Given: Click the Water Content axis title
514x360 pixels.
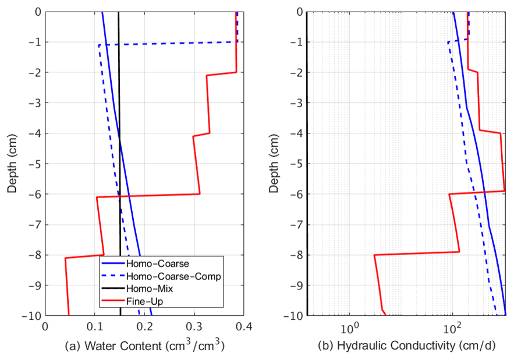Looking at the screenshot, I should (x=145, y=346).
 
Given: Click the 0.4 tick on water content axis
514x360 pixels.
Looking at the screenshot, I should (x=244, y=327).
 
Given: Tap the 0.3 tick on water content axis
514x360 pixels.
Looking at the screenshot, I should (x=194, y=327).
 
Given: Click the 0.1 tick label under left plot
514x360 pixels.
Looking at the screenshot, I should (x=95, y=327).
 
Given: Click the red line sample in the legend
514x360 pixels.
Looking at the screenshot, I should (x=112, y=301).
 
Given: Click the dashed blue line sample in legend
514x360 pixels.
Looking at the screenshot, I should (x=112, y=276).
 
